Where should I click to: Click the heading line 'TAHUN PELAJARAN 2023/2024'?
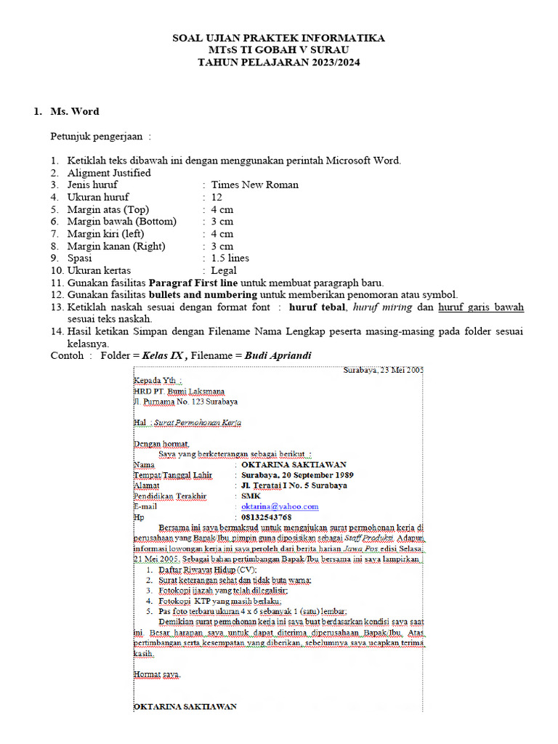coord(279,62)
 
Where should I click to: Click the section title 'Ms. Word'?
coord(75,111)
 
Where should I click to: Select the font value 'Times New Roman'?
coord(254,185)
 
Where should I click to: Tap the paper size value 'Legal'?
coord(224,270)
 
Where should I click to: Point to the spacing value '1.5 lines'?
coord(230,258)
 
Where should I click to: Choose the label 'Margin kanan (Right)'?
coord(116,246)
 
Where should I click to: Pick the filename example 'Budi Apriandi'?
coord(278,355)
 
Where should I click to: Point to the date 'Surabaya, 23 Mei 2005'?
coord(382,370)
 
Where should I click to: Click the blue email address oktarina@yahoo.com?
coord(280,506)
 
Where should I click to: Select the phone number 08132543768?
coord(266,517)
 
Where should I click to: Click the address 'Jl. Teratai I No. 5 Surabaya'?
coord(294,485)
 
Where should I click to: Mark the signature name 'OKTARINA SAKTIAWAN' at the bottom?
coord(185,706)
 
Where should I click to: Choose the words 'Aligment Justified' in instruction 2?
coord(109,173)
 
